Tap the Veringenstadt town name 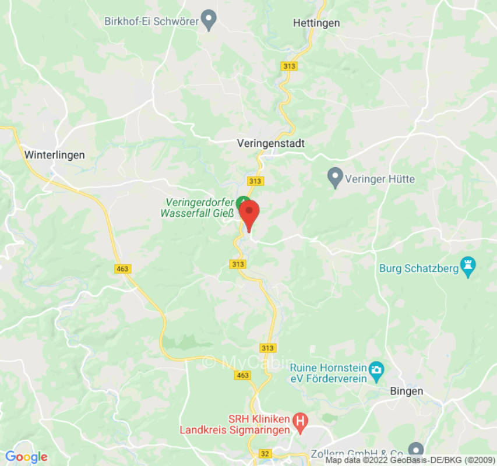tap(271, 143)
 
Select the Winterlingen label tap(54, 155)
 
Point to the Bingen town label tap(406, 391)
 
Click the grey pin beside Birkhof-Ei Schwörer tap(209, 21)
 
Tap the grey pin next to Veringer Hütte tap(334, 178)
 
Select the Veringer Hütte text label tap(380, 179)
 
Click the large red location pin tap(250, 214)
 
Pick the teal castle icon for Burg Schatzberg tap(467, 267)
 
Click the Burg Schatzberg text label tap(416, 269)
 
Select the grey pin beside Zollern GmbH tap(415, 450)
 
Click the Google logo tap(26, 457)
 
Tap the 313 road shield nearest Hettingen tap(288, 66)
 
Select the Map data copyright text tap(410, 460)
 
